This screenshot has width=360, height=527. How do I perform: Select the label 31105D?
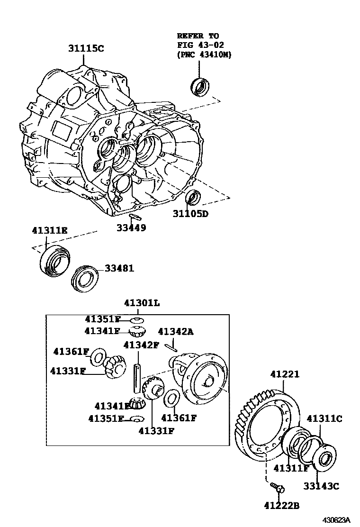190,214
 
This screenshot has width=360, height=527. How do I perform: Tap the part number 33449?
131,228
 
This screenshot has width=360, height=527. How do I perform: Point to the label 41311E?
50,230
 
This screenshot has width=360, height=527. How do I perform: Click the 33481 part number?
119,268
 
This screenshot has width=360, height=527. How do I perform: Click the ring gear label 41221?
285,374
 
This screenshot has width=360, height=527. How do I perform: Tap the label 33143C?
322,486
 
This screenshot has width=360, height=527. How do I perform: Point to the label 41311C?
324,418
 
